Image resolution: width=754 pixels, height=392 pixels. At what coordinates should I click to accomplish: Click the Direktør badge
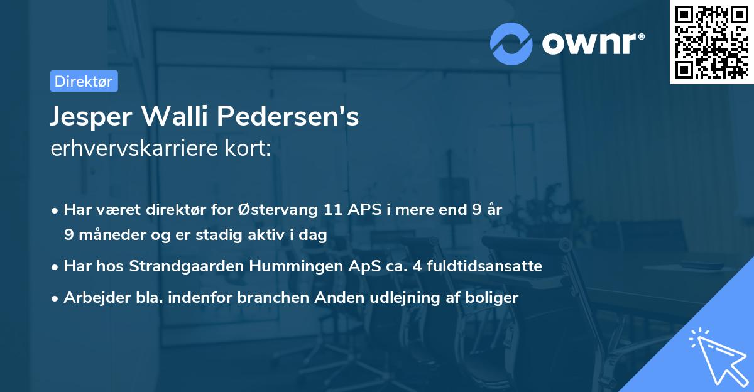pyautogui.click(x=84, y=81)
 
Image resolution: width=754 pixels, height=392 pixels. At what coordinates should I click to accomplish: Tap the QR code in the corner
pyautogui.click(x=711, y=42)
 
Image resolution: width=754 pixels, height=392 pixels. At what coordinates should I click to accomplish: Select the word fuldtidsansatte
pyautogui.click(x=483, y=266)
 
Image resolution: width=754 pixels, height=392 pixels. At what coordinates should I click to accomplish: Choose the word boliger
pyautogui.click(x=494, y=298)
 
